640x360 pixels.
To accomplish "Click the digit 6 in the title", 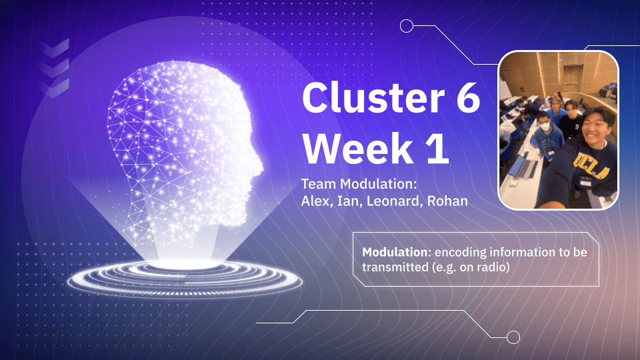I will (x=464, y=98).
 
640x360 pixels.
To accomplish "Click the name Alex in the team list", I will (x=315, y=200).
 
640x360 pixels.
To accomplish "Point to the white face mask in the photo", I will (x=546, y=125).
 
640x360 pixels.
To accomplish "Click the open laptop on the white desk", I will (x=527, y=163).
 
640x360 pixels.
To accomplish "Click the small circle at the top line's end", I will (x=406, y=26).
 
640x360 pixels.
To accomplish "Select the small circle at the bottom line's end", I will (x=513, y=337).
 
